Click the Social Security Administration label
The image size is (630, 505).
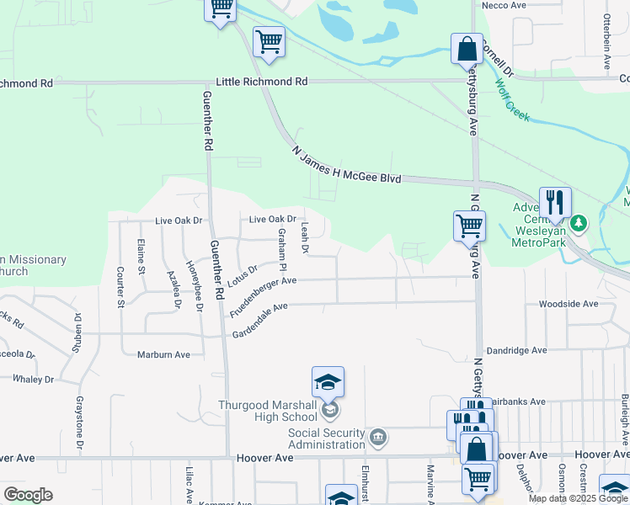pos(327,439)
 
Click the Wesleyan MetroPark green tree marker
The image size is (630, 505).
pos(578,224)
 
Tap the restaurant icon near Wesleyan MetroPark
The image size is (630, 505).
pos(555,203)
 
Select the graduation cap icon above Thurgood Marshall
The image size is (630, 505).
pos(328,382)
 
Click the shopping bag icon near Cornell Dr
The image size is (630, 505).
pos(467,49)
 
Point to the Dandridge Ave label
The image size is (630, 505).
pos(515,350)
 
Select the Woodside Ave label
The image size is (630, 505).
pos(569,304)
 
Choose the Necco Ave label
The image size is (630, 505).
pos(503,5)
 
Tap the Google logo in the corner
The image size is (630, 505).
pos(28,495)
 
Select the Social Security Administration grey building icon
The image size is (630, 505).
pos(378,436)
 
